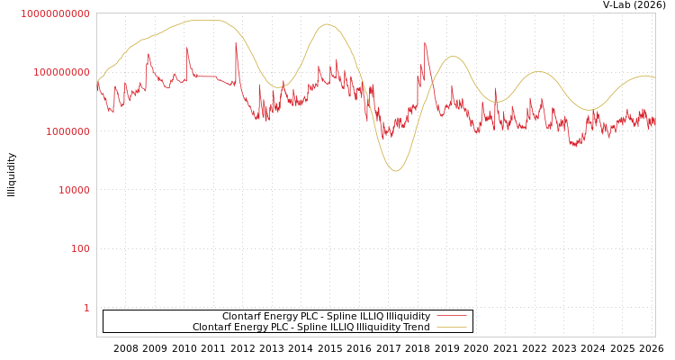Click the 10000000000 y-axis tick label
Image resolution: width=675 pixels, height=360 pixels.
(x=55, y=13)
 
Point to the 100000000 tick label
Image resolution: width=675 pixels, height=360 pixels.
(x=60, y=72)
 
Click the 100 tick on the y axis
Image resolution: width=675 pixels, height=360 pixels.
(x=80, y=248)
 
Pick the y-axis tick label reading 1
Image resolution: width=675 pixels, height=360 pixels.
(x=86, y=308)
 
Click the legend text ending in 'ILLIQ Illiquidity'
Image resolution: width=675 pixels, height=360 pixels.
(x=326, y=317)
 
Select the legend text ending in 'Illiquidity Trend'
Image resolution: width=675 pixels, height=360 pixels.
(x=310, y=328)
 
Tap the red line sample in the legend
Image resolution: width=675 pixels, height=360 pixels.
(x=451, y=317)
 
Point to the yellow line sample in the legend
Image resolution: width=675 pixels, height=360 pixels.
(x=451, y=328)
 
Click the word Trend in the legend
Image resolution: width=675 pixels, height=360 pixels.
(x=416, y=328)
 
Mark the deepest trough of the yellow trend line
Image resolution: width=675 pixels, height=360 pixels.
(x=395, y=171)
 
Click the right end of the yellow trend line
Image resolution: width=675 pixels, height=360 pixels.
(x=654, y=78)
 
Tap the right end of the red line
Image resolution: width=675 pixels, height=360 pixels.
(x=654, y=126)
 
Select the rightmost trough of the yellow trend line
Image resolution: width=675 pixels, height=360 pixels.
(x=589, y=110)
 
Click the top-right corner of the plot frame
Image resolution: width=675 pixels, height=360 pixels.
(x=655, y=13)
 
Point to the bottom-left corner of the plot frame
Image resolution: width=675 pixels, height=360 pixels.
(x=96, y=337)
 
